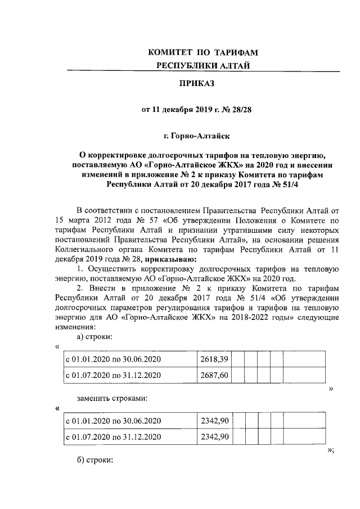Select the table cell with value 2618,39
[x=214, y=359]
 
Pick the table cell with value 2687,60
[x=214, y=375]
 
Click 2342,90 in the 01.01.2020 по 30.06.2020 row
[x=214, y=420]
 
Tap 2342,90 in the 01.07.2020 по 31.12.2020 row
[x=214, y=436]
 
